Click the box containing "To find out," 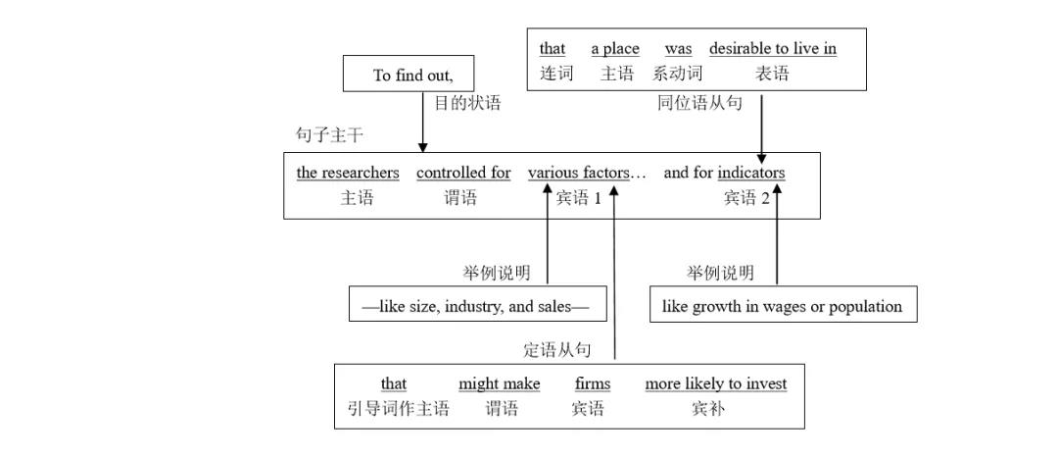point(409,75)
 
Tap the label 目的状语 point(466,103)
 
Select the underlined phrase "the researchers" point(348,173)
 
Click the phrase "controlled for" point(463,173)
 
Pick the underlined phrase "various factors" point(579,173)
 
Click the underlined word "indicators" point(751,173)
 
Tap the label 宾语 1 point(579,198)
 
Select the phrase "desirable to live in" point(773,48)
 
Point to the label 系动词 point(678,73)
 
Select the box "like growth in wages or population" point(783,306)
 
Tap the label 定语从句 point(557,350)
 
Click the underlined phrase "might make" point(499,383)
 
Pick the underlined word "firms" point(592,383)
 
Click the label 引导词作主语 point(398,409)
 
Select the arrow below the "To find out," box point(423,123)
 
